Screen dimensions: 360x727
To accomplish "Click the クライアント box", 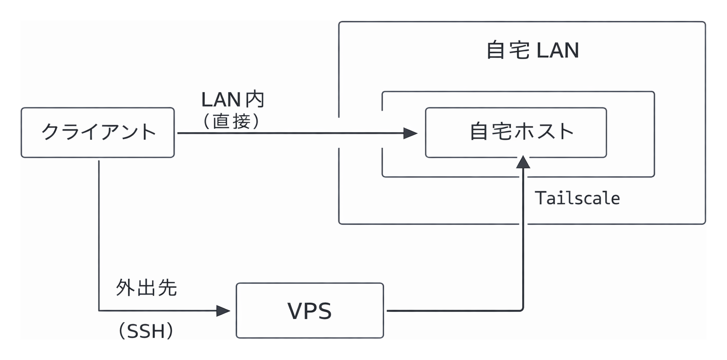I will (x=98, y=132).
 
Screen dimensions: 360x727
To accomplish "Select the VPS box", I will (x=310, y=310).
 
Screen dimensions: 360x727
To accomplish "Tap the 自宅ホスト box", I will (x=516, y=132).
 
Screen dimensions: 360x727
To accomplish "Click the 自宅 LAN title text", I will (x=532, y=51).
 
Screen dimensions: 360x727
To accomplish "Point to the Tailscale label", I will (x=577, y=198).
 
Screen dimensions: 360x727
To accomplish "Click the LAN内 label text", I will (x=233, y=99).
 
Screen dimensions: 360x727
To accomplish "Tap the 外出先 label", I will (x=146, y=288).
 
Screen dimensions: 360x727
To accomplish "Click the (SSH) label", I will (x=146, y=332).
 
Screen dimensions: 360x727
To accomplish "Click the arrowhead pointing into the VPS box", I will (x=223, y=310).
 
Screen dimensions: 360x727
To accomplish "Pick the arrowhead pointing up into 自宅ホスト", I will (x=523, y=163).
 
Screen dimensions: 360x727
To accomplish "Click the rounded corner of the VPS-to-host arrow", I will (x=521, y=309).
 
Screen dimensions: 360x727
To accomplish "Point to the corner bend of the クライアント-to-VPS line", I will (x=99, y=310).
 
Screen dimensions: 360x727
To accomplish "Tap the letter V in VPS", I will (x=295, y=311).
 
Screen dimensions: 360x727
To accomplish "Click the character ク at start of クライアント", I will (x=50, y=132).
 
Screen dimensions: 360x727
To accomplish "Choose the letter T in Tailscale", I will (x=540, y=198).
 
